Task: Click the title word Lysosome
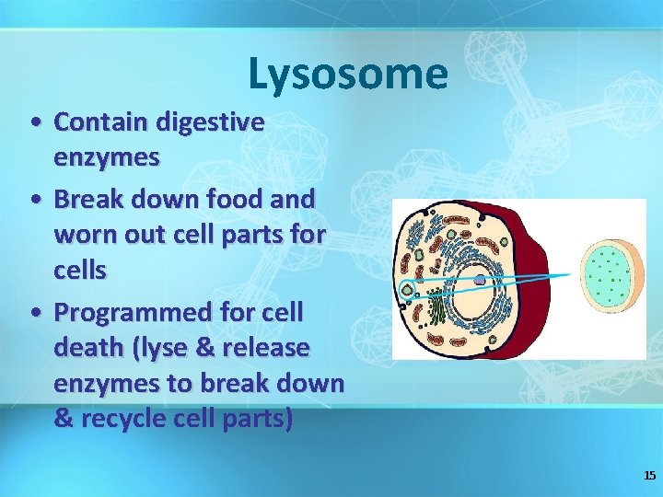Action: pyautogui.click(x=348, y=74)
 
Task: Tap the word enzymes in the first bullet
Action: pyautogui.click(x=107, y=157)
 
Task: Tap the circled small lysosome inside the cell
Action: pyautogui.click(x=406, y=290)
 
